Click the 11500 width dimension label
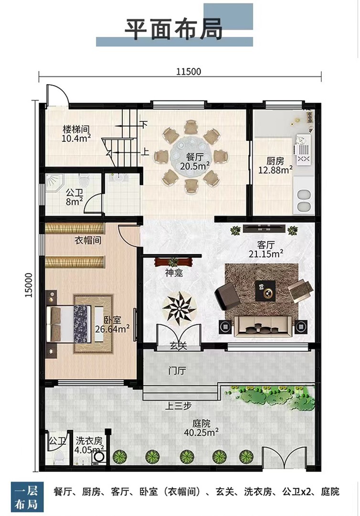pyautogui.click(x=189, y=71)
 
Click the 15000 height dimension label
pyautogui.click(x=29, y=285)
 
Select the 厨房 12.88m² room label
pyautogui.click(x=275, y=165)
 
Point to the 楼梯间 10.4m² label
pyautogui.click(x=76, y=133)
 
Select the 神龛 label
pyautogui.click(x=174, y=273)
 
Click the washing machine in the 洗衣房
pyautogui.click(x=98, y=457)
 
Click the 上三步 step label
pyautogui.click(x=178, y=406)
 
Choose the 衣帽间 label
pyautogui.click(x=88, y=240)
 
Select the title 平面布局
pyautogui.click(x=174, y=29)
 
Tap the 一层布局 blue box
pyautogui.click(x=26, y=497)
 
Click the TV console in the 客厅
pyautogui.click(x=265, y=228)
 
